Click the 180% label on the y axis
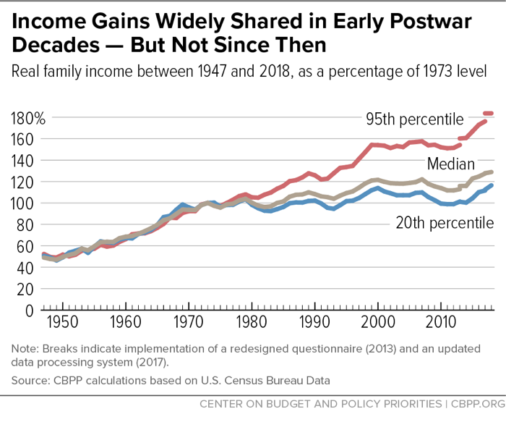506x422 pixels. pos(28,117)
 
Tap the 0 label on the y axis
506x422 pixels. pos(30,311)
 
